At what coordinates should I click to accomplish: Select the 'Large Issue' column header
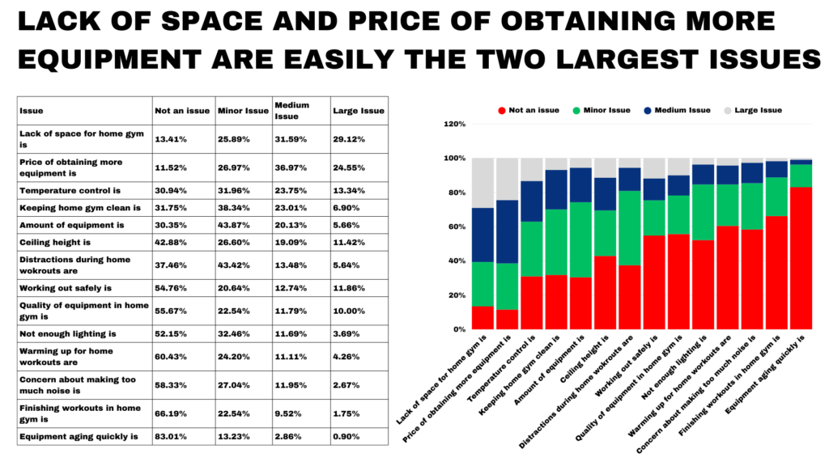(346, 111)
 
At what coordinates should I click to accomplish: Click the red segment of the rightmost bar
(801, 259)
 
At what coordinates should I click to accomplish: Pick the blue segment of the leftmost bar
(484, 235)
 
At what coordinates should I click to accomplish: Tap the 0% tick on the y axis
(459, 329)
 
